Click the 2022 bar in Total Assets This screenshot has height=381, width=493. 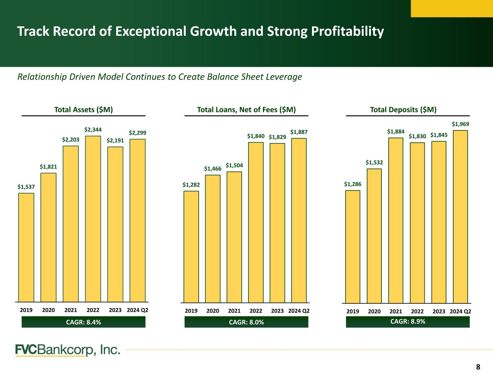[x=93, y=218]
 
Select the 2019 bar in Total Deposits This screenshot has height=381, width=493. [x=353, y=246]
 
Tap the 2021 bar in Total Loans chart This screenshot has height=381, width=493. [x=234, y=237]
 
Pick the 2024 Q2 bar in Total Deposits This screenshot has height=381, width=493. [x=460, y=216]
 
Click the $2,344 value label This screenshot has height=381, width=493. [x=93, y=129]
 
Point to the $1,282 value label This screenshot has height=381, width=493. [x=191, y=185]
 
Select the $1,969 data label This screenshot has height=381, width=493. [x=460, y=124]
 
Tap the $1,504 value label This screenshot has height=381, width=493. [x=234, y=165]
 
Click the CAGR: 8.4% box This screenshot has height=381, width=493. [x=83, y=322]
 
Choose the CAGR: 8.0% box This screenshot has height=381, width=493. [x=246, y=322]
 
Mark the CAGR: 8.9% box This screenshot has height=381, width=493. [x=408, y=321]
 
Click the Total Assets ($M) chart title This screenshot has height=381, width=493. [x=83, y=110]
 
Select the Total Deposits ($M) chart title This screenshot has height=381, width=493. [x=403, y=110]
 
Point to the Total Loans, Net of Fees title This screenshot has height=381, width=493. [x=246, y=110]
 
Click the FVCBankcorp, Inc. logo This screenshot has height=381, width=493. [x=68, y=350]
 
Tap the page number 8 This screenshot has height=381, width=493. [x=478, y=367]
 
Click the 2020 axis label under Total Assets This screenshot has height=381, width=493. [x=48, y=310]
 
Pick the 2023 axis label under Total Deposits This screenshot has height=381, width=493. [x=439, y=311]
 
